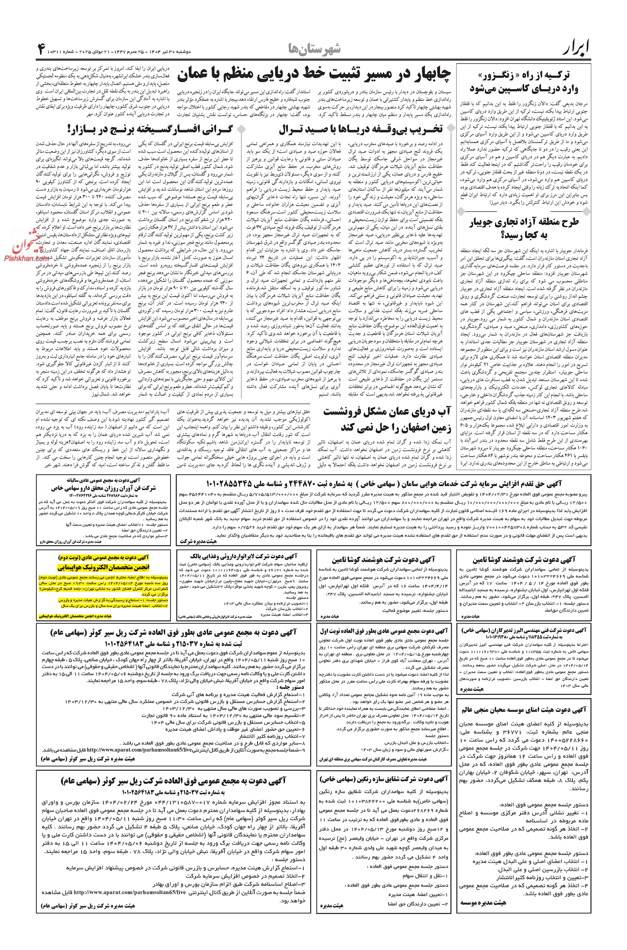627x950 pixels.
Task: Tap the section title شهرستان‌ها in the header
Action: (x=314, y=49)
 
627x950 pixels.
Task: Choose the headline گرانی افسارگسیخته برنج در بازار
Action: (x=140, y=129)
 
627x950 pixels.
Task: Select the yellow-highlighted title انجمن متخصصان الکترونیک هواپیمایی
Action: (x=103, y=567)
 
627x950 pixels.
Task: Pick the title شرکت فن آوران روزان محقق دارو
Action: (x=103, y=488)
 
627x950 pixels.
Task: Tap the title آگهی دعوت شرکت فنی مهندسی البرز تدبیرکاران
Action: (x=524, y=630)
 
